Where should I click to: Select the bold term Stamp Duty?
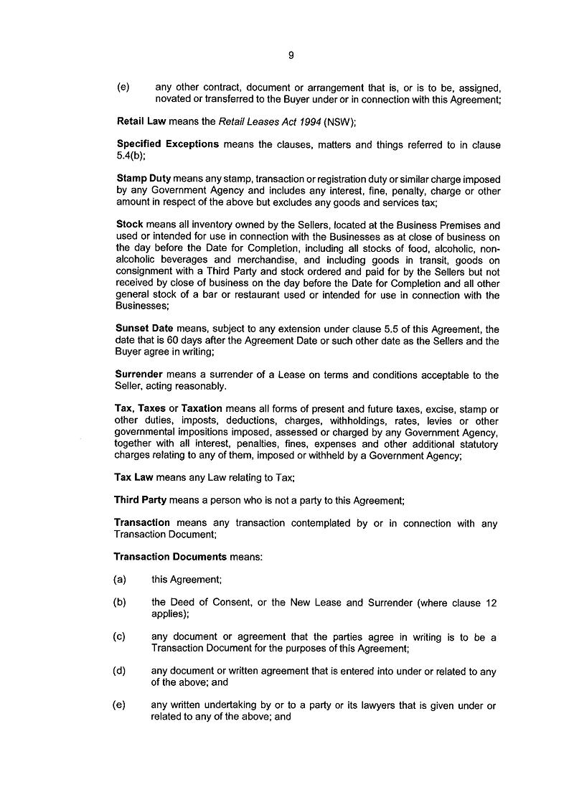pyautogui.click(x=144, y=179)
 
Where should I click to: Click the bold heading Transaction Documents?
pyautogui.click(x=171, y=557)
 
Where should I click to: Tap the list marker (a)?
pyautogui.click(x=120, y=580)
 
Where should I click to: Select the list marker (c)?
pyautogui.click(x=120, y=637)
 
